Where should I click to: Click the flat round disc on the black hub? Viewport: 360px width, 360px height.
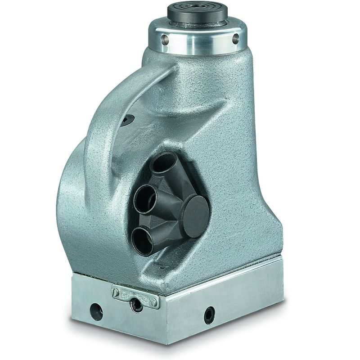pyautogui.click(x=194, y=216)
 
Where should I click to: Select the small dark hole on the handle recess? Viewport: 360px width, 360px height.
pyautogui.click(x=128, y=119)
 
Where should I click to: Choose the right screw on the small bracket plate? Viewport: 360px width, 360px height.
pyautogui.click(x=155, y=302)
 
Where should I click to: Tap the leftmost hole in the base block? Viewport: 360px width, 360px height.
pyautogui.click(x=96, y=311)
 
